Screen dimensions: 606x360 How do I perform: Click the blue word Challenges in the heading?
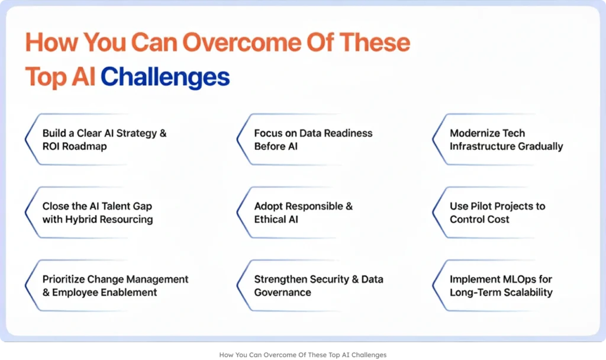tap(165, 77)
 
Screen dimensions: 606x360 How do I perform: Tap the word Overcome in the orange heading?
tap(242, 42)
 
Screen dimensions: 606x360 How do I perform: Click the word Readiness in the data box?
tap(348, 133)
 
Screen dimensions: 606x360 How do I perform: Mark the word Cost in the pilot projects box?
tap(499, 219)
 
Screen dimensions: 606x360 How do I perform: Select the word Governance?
tap(282, 292)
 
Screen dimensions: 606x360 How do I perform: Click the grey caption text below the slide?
tap(302, 355)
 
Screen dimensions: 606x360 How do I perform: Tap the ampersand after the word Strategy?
tap(163, 133)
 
